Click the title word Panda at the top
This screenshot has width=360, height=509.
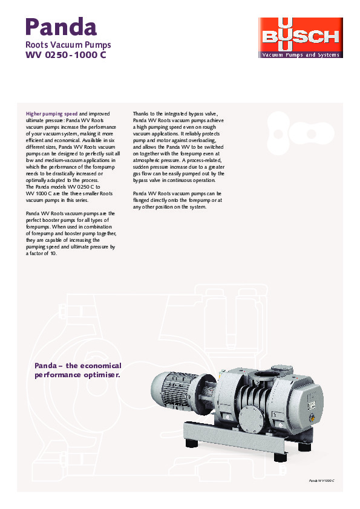coord(61,27)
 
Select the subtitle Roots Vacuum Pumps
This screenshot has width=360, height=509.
coord(68,45)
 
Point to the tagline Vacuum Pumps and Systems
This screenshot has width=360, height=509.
coord(300,55)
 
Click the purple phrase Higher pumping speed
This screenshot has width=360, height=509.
coord(52,113)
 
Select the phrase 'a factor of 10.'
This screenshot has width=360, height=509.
coord(42,253)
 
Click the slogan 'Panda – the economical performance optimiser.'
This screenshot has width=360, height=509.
coord(78,370)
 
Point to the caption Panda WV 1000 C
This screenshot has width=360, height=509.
coord(321,479)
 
